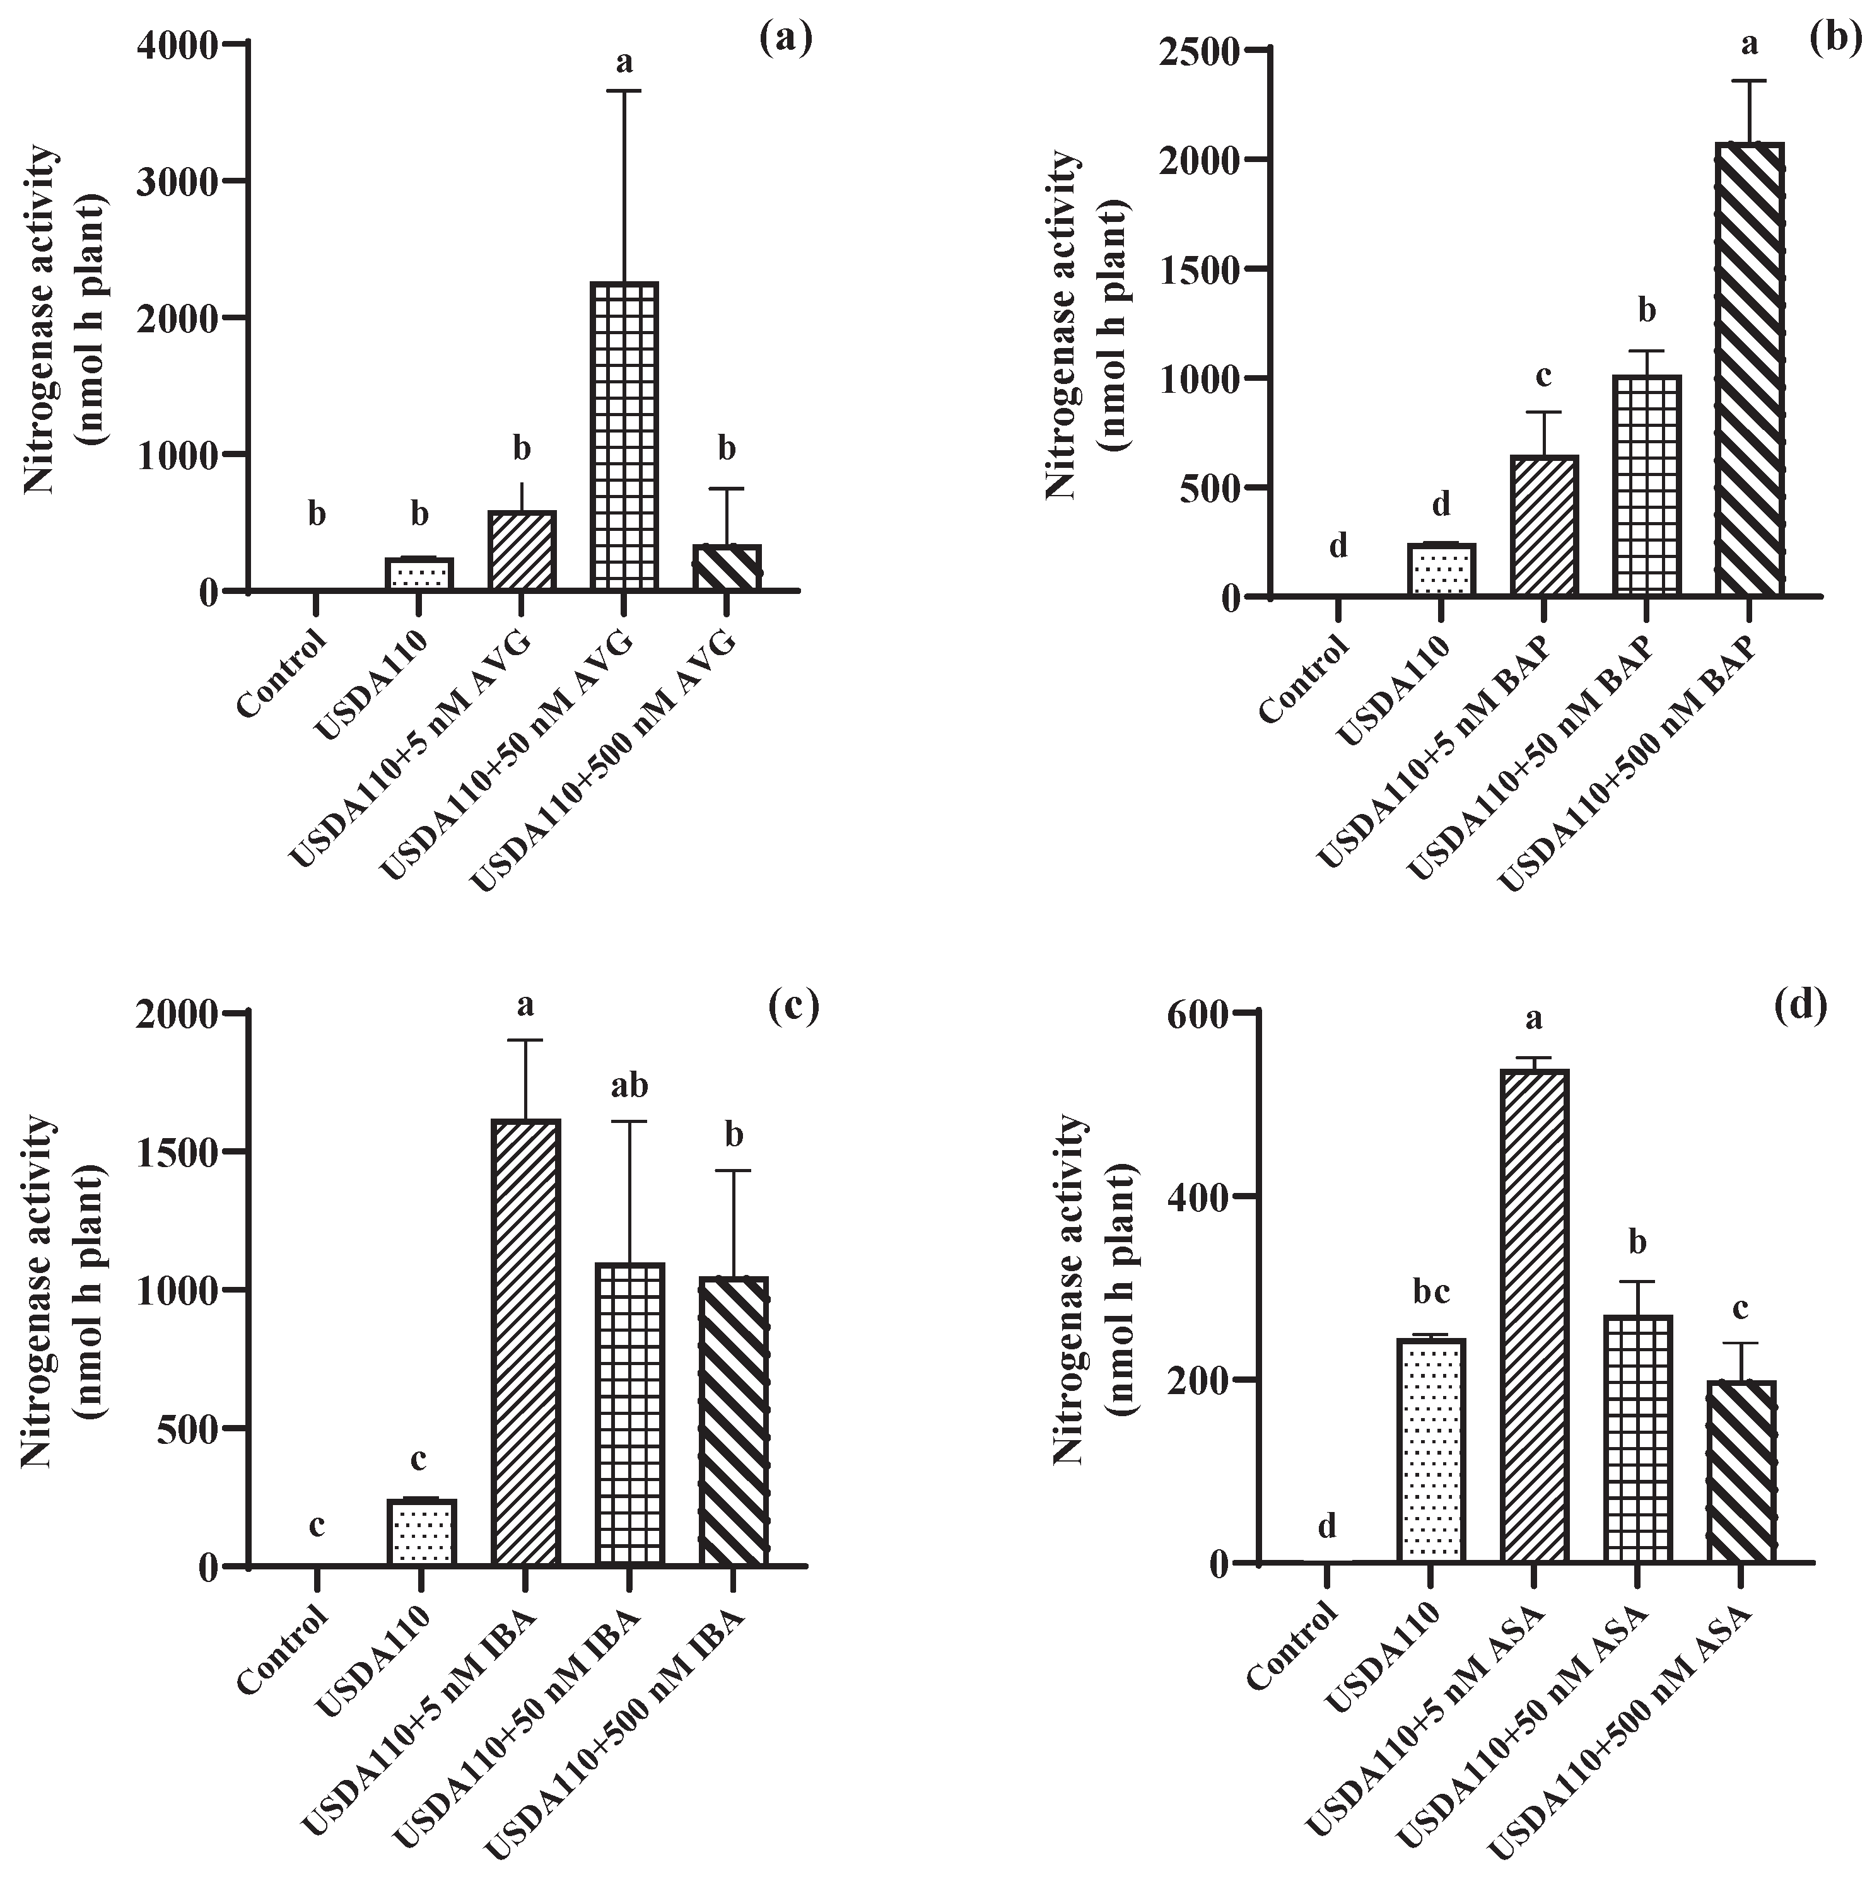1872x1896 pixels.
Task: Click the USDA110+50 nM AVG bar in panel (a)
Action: click(623, 437)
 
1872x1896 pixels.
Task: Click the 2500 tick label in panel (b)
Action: click(1198, 51)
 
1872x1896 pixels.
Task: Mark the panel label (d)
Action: click(1801, 1006)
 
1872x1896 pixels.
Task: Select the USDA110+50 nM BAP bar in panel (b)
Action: click(1646, 485)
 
